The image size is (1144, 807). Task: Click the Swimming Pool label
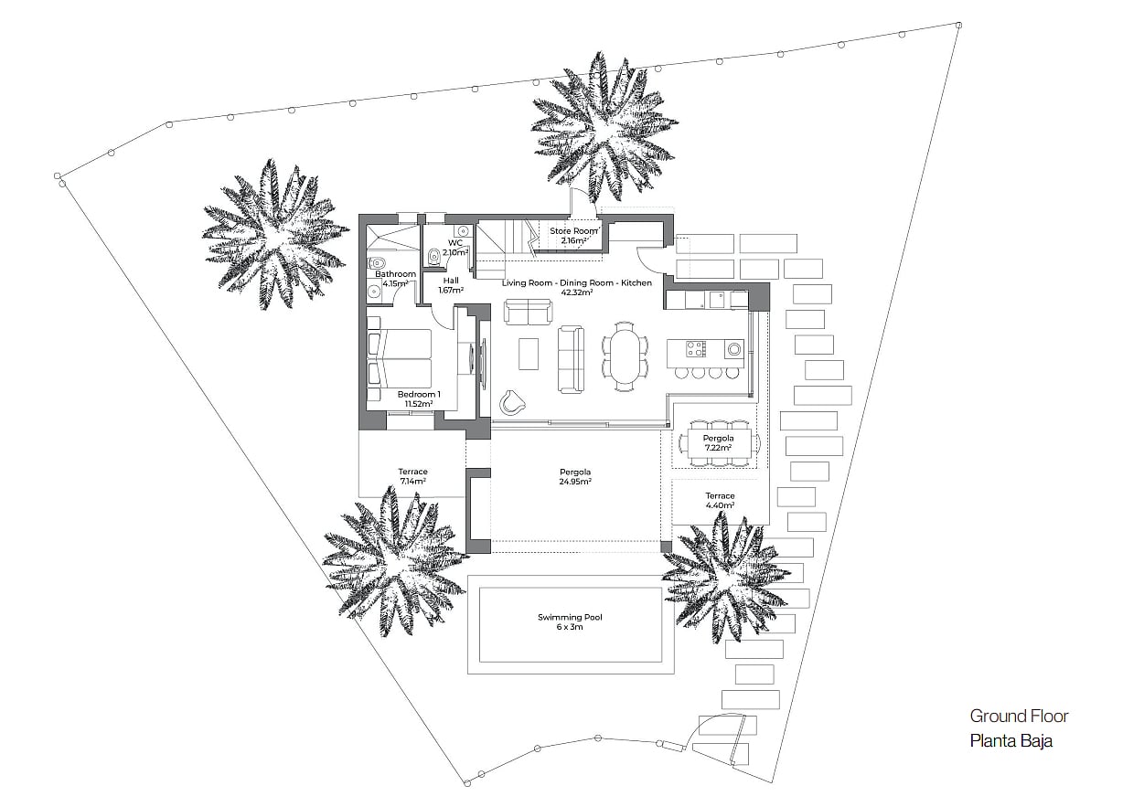point(570,617)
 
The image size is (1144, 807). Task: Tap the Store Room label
point(573,231)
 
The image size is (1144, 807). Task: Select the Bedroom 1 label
point(419,394)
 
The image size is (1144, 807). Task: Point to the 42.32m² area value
point(577,292)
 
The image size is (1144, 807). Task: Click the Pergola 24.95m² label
point(575,477)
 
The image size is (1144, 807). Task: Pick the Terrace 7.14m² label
point(412,476)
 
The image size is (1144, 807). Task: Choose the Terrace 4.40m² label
point(720,500)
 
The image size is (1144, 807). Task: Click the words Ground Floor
point(1019,717)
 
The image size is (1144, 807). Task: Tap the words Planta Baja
point(1011,740)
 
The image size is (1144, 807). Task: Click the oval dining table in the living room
point(624,356)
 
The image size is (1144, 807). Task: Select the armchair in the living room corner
point(512,402)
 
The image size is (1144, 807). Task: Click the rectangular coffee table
point(529,354)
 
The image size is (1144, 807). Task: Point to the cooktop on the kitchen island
point(696,349)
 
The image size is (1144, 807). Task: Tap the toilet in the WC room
point(433,256)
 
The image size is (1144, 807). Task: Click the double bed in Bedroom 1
point(400,359)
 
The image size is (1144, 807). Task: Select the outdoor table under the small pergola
point(719,443)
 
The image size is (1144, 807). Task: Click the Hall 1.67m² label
point(451,285)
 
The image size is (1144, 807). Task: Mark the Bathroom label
point(395,274)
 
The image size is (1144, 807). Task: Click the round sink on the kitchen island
point(734,349)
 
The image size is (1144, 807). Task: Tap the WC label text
point(455,243)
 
